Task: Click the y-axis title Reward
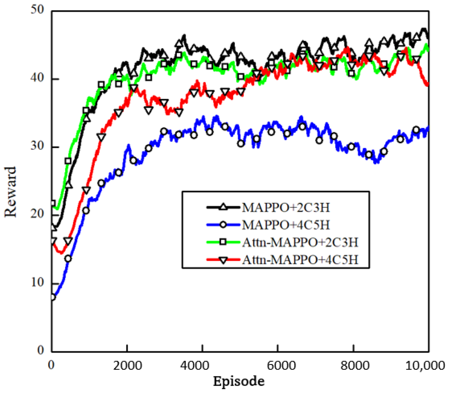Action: point(11,192)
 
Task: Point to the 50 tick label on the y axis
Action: point(37,9)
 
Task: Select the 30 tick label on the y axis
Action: point(37,146)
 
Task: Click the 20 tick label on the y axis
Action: point(37,214)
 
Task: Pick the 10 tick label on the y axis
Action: point(37,282)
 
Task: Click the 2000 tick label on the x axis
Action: point(128,365)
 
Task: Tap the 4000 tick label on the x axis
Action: point(195,365)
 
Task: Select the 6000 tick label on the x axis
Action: point(281,365)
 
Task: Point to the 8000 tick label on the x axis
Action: point(355,365)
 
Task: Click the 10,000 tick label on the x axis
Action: point(425,365)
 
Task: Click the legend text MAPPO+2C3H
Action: point(286,208)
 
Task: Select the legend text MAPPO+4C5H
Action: point(286,225)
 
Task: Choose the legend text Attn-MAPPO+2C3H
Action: point(300,242)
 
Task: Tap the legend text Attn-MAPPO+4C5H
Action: point(300,260)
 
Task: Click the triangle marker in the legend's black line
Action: point(223,207)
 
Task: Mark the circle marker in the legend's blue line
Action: point(223,225)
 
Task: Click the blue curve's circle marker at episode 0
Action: point(53,297)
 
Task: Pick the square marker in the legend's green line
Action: point(223,242)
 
